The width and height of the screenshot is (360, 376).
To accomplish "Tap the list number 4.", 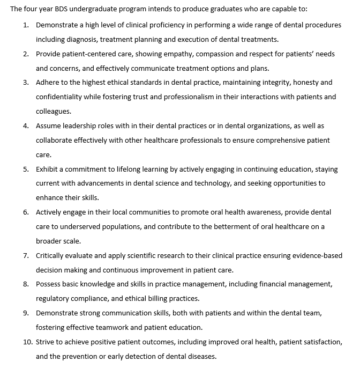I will pyautogui.click(x=26, y=126).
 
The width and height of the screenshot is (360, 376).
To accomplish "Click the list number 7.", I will pyautogui.click(x=26, y=255).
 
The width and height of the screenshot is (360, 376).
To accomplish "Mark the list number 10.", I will pyautogui.click(x=27, y=341).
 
